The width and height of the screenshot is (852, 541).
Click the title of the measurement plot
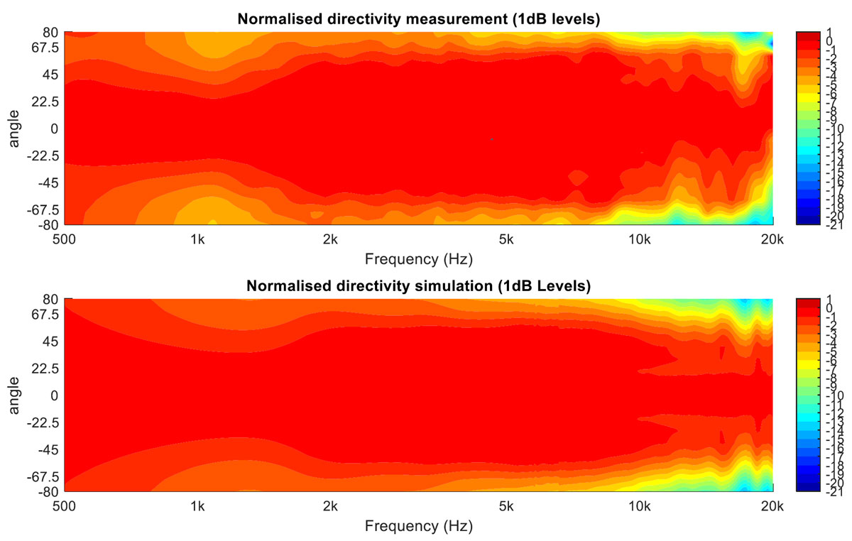pos(419,19)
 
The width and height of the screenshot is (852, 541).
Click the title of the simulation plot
pos(419,286)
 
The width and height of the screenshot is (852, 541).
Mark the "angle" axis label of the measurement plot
pos(14,129)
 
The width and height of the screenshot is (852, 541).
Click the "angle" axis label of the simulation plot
pos(14,395)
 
